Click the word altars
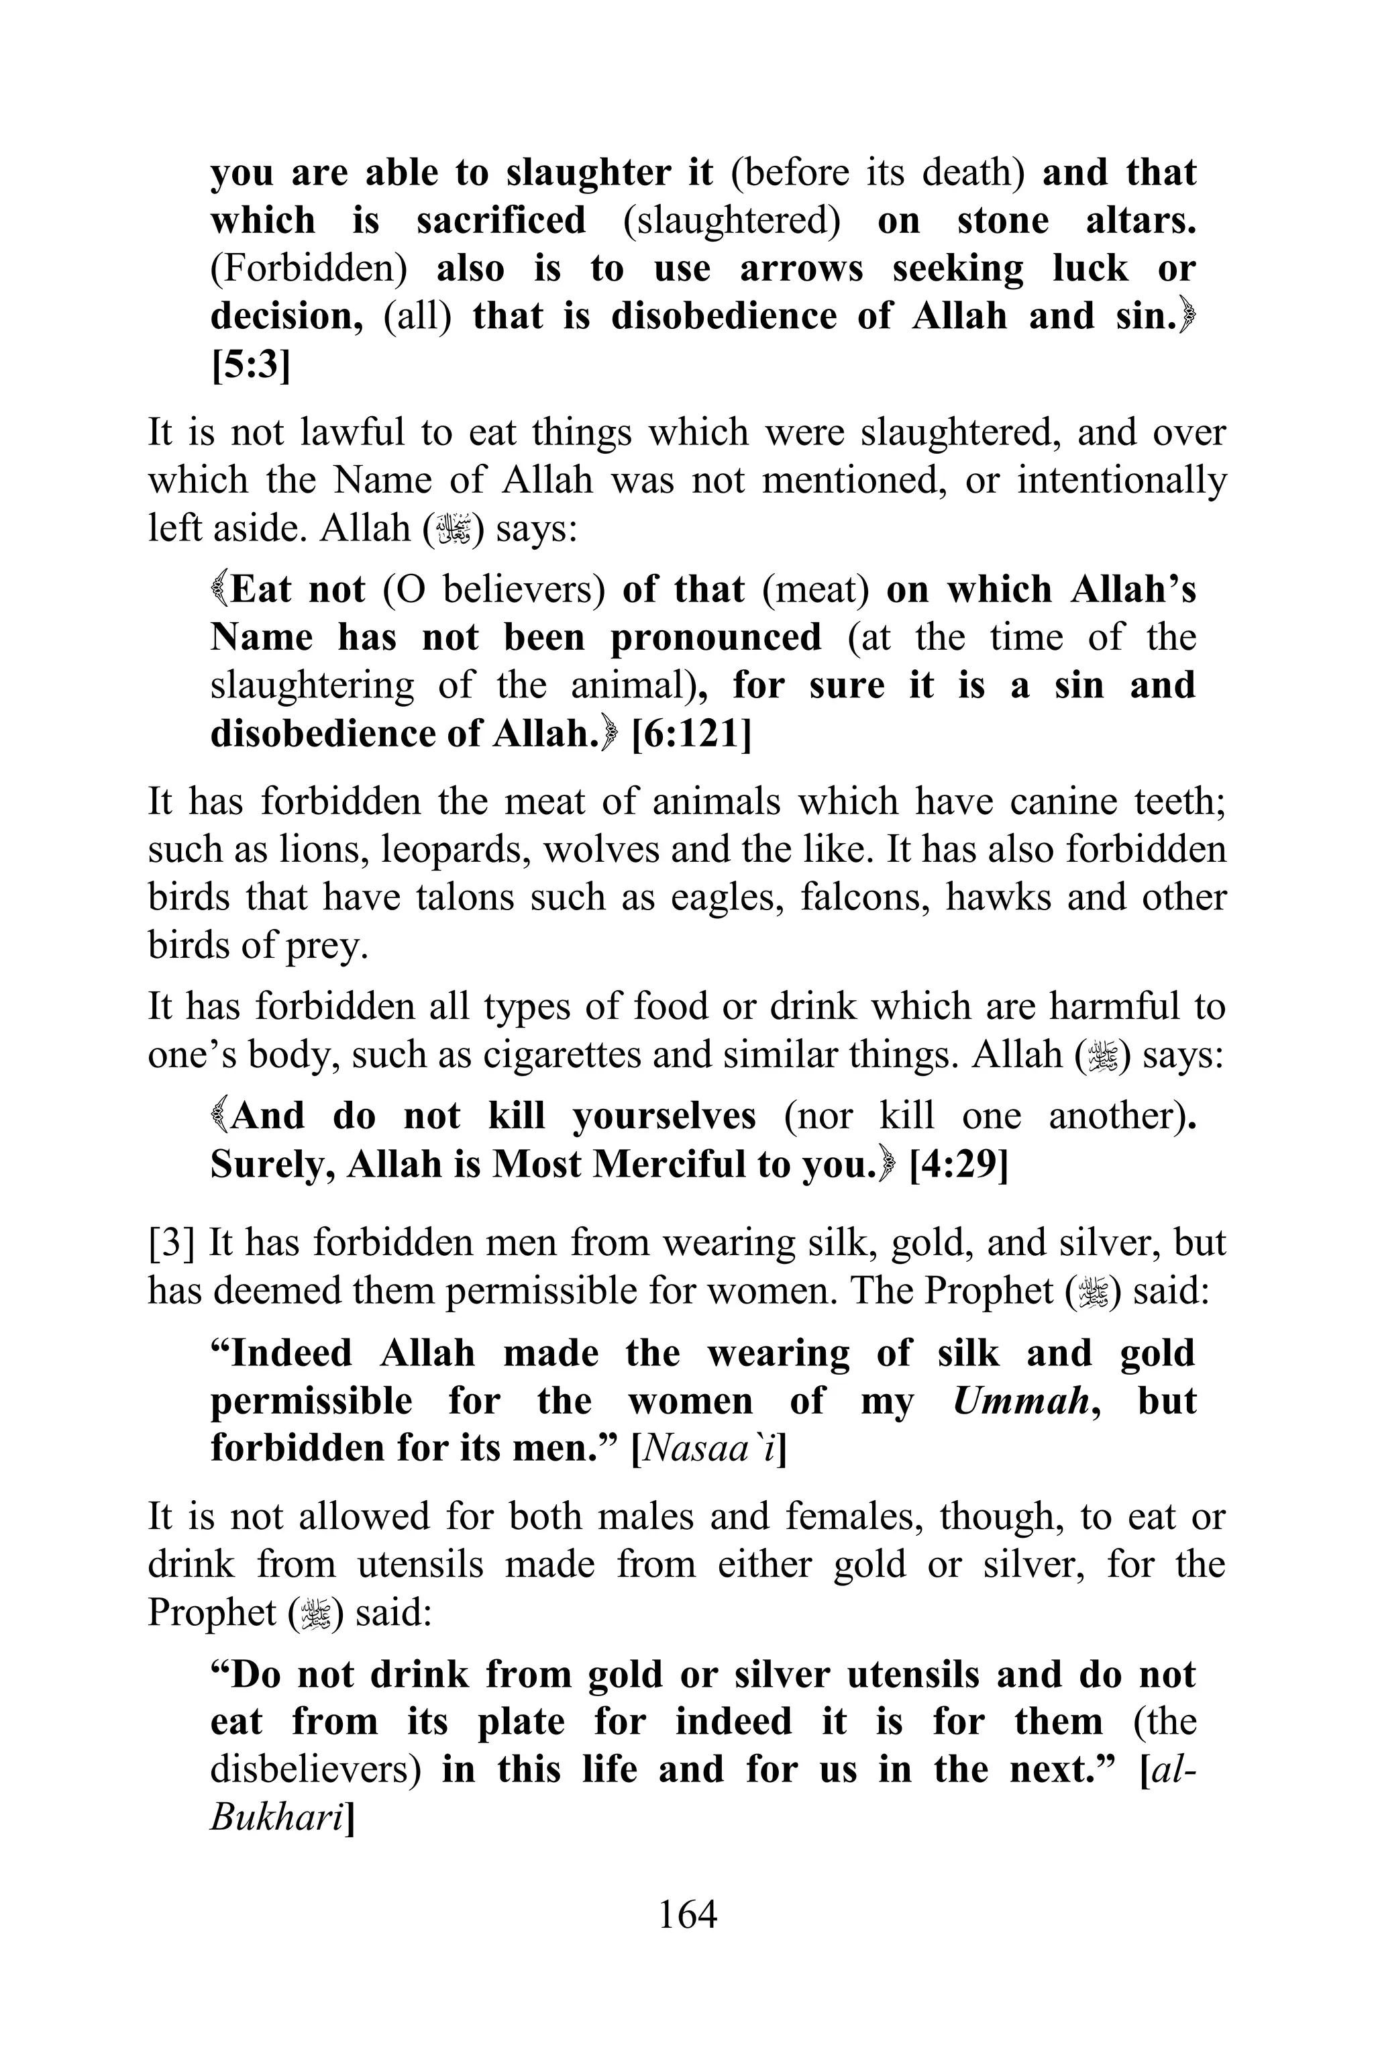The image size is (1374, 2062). [1141, 220]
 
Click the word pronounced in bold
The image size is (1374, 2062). [716, 638]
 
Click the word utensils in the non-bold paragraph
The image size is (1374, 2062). [421, 1564]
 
